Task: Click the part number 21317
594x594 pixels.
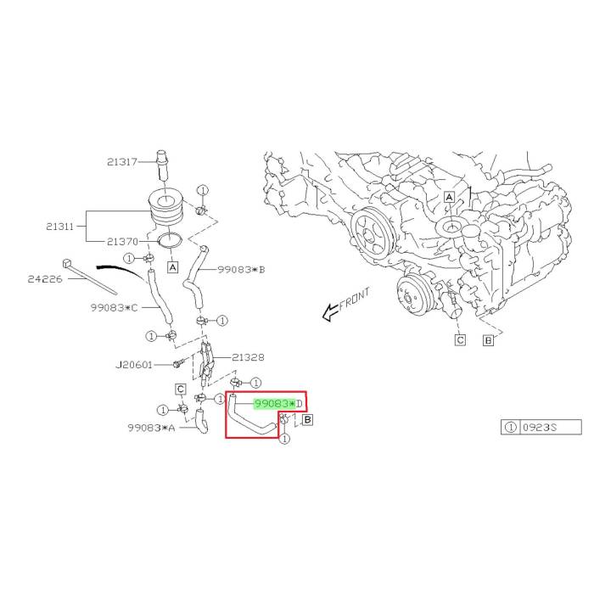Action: [x=122, y=163]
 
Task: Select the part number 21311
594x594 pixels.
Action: [x=62, y=227]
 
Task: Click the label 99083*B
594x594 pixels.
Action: [x=241, y=269]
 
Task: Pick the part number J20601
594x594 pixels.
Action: [x=134, y=366]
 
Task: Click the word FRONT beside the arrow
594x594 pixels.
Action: [x=355, y=300]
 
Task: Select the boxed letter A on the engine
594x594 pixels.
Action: [x=449, y=197]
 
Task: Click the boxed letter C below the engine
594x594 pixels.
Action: [x=460, y=340]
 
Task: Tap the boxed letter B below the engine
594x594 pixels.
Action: [x=488, y=341]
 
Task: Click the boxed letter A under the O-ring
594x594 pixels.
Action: [x=172, y=266]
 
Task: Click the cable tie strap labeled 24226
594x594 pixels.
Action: [x=93, y=271]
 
